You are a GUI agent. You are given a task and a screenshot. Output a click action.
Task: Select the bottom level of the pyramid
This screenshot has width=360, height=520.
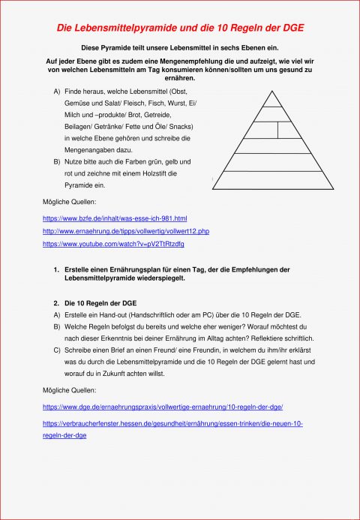click(272, 180)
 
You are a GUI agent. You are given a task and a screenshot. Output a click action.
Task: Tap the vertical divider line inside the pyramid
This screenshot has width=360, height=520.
click(279, 129)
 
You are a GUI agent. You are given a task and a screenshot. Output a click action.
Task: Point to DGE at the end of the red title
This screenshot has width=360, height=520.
click(294, 27)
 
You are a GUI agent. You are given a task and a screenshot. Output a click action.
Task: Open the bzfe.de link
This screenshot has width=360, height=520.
click(115, 218)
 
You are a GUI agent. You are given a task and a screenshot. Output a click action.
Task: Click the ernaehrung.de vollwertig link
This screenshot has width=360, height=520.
click(126, 231)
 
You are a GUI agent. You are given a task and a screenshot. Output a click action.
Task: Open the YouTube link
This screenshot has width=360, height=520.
click(113, 244)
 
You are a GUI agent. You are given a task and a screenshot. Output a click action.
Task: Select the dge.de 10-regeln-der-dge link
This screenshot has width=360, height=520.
click(163, 406)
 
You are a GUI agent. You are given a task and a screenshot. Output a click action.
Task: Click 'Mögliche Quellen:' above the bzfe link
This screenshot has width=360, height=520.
click(69, 202)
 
